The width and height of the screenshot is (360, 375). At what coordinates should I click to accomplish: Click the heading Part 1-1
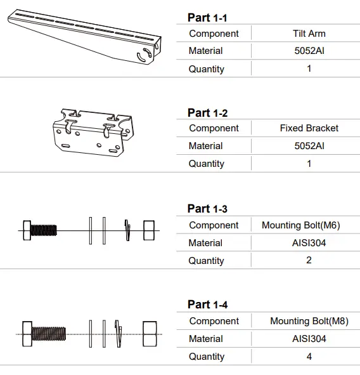coord(207,18)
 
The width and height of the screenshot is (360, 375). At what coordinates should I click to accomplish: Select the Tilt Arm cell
coord(309,34)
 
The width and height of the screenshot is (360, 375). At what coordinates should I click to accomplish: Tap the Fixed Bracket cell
coord(309,128)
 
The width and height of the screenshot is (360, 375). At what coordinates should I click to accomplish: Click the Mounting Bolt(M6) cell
coord(309,225)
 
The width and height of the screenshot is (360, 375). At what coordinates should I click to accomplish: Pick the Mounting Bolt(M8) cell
coord(309,321)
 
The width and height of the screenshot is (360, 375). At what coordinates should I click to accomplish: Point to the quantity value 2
coord(309,260)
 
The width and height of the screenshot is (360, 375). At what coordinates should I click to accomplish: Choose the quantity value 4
coord(309,357)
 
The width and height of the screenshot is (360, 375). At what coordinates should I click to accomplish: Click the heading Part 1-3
coord(207,209)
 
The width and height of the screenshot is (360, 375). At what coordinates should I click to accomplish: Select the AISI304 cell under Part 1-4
coord(309,339)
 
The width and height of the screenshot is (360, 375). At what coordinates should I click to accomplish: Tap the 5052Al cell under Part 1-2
coord(309,146)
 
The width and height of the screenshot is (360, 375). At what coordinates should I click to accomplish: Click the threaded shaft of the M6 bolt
coord(44,230)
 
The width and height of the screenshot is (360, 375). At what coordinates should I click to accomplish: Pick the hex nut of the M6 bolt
coord(149,230)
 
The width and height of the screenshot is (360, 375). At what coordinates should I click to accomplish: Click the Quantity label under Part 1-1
coord(206,69)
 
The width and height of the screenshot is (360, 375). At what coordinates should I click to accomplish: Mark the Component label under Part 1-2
coord(214,128)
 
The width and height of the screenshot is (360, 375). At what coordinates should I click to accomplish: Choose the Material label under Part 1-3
coord(205,243)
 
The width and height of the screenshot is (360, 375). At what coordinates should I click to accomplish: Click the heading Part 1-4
coord(207,305)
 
